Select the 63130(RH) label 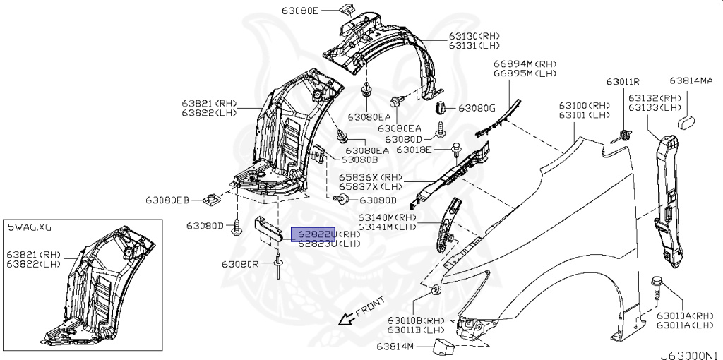[x=474, y=36]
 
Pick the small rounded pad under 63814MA [x=688, y=124]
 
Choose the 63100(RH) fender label [x=585, y=104]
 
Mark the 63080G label [x=477, y=108]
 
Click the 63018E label [x=422, y=150]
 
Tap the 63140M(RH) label [x=388, y=217]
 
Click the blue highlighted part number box [x=315, y=234]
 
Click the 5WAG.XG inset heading [x=30, y=227]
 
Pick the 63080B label [x=352, y=160]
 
